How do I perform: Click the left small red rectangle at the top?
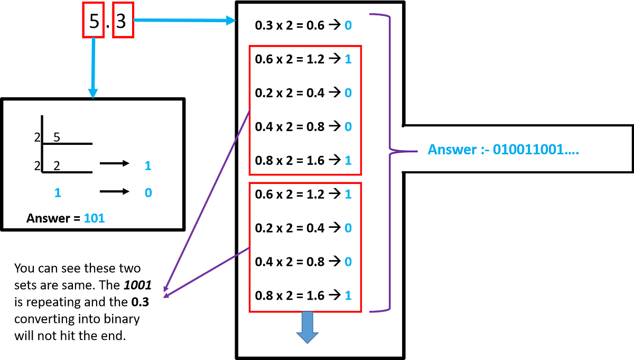(93, 20)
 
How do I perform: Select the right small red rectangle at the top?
(123, 20)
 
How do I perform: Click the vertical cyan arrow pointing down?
(93, 69)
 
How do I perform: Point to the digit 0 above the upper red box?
(348, 25)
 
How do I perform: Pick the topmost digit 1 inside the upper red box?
(348, 59)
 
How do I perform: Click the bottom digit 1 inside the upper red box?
(348, 160)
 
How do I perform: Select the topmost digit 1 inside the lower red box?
(348, 195)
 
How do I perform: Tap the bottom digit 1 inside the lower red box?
(348, 296)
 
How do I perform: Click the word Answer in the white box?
(452, 150)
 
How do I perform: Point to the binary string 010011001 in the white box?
(536, 150)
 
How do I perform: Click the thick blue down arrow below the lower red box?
(307, 328)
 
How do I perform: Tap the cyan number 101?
(95, 218)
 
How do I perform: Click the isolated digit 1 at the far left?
(58, 192)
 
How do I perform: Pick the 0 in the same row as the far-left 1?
(148, 192)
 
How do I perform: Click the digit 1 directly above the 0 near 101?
(148, 165)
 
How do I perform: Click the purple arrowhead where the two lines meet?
(166, 294)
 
